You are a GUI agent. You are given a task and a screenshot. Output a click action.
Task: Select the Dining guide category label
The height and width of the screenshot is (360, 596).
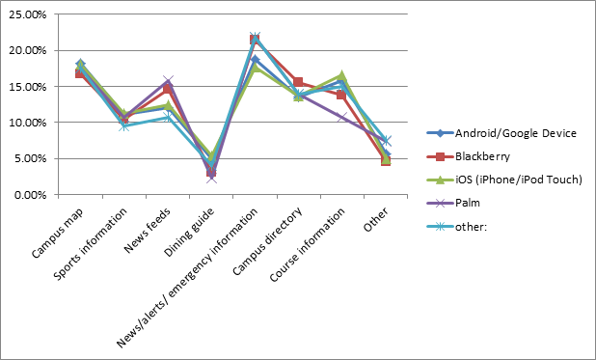click(x=190, y=230)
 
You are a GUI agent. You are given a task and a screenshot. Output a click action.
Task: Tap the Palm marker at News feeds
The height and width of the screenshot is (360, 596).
click(x=168, y=81)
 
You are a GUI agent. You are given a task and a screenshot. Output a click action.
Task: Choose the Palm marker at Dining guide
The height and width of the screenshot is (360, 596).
click(x=211, y=178)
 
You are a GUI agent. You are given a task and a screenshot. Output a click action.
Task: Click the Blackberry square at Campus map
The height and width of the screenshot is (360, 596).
click(x=80, y=73)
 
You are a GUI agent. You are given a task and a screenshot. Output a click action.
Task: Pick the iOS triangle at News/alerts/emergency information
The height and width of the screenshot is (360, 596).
click(x=255, y=68)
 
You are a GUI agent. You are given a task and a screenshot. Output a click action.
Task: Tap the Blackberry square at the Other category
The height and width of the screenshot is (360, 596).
click(x=386, y=160)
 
